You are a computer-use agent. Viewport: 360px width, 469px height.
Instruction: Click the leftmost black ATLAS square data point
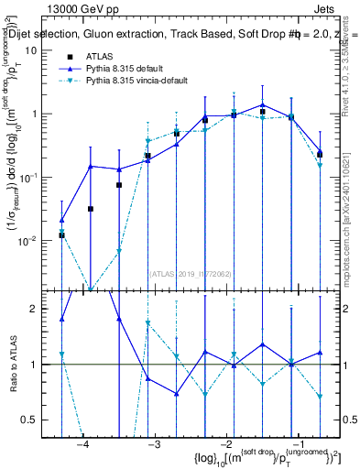pos(61,235)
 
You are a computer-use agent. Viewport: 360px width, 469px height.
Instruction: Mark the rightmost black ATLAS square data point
pos(320,154)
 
